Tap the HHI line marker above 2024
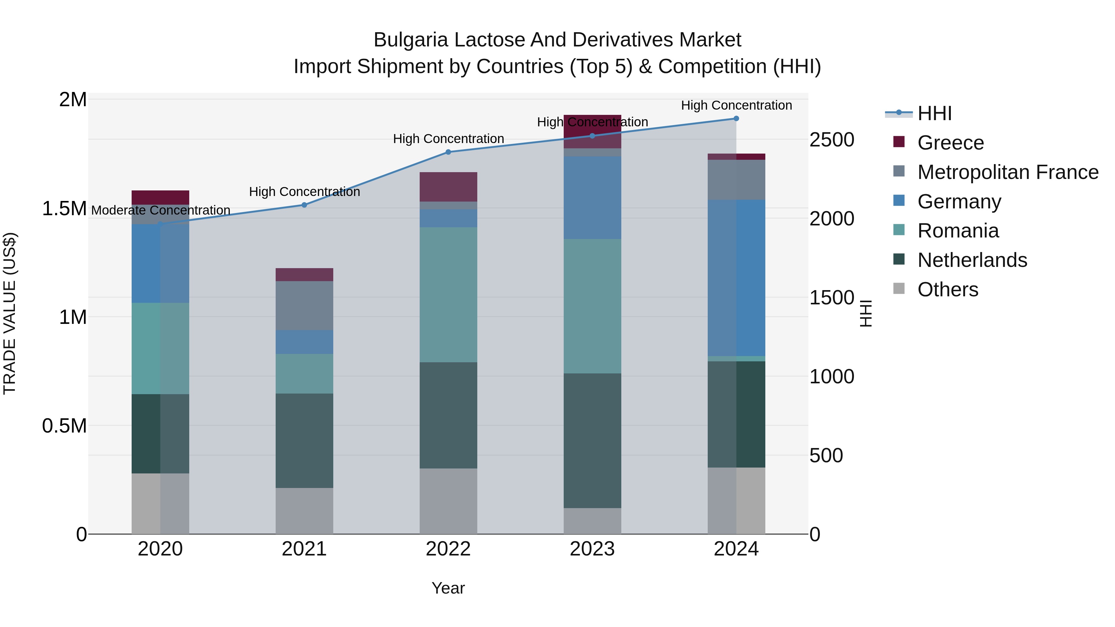736,119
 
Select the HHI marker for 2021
304,205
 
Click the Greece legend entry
950,143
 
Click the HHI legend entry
934,113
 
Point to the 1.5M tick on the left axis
64,209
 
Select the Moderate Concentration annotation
160,210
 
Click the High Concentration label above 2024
736,105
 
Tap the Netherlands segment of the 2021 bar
304,441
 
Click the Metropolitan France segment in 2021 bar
304,306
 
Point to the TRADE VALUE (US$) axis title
10,313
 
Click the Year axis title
448,588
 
